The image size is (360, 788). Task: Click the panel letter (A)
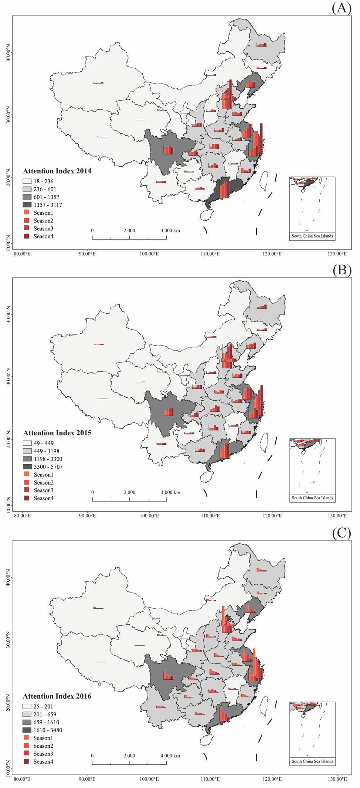click(x=342, y=8)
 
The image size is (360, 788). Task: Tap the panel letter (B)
click(x=342, y=270)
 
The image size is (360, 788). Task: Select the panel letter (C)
click(x=342, y=533)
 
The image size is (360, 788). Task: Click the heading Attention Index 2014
click(x=57, y=171)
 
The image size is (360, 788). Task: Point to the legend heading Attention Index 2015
click(x=57, y=433)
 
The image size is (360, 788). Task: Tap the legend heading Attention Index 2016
click(x=57, y=696)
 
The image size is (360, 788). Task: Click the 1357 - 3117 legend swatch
click(x=27, y=205)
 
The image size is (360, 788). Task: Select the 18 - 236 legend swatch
click(x=27, y=181)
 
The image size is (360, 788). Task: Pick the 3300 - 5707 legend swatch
click(x=27, y=467)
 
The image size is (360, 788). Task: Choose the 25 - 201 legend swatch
click(x=27, y=706)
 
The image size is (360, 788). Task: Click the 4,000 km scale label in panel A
click(x=170, y=230)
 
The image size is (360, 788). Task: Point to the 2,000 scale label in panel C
click(x=129, y=756)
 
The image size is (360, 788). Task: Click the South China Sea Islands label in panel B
click(x=312, y=498)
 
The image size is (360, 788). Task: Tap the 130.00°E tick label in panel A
click(x=337, y=254)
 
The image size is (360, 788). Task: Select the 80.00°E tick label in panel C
click(x=22, y=779)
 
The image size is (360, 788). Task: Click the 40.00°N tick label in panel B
click(x=8, y=315)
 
